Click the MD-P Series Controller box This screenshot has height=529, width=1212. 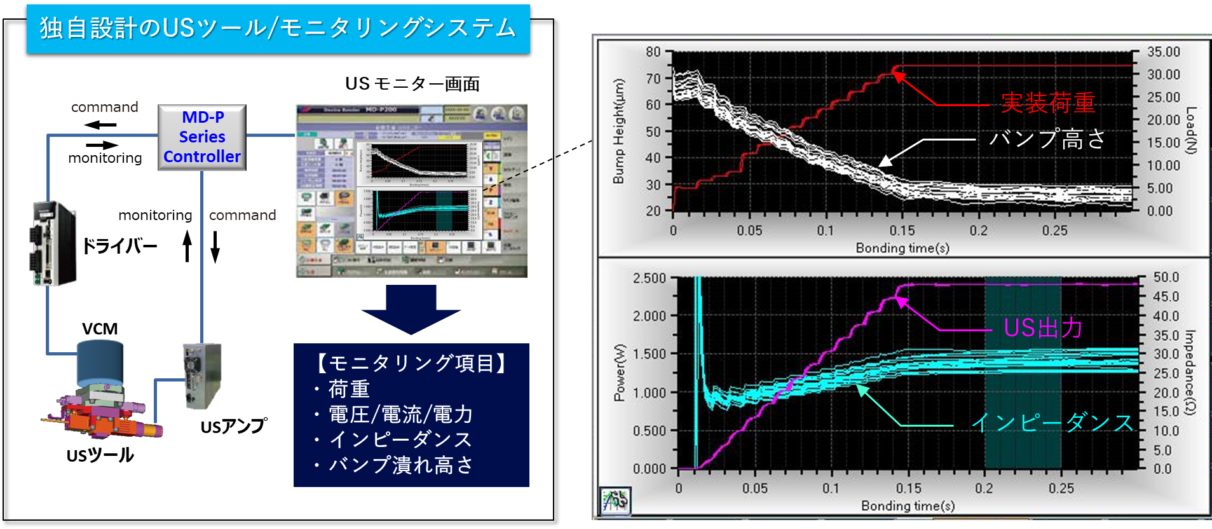[201, 137]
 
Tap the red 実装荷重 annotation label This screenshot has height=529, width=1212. [1048, 103]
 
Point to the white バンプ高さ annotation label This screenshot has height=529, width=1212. [1047, 139]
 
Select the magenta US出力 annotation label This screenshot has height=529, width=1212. [1043, 328]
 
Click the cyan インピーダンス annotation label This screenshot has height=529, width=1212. [1052, 423]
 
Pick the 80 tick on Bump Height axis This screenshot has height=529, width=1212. [653, 52]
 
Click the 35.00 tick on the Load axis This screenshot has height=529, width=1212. [1163, 52]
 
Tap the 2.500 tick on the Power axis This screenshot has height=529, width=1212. [649, 278]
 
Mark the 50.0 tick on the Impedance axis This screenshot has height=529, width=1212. [1166, 277]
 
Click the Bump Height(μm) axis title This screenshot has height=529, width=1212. [618, 131]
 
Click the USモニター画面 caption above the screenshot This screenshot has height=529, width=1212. [411, 84]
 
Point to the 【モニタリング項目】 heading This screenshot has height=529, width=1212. [411, 363]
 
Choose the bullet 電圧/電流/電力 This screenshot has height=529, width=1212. [400, 415]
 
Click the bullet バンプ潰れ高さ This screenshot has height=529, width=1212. [400, 465]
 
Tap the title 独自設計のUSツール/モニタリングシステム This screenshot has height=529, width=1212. [278, 29]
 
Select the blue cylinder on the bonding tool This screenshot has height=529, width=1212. [100, 362]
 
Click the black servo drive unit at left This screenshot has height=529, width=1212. [53, 244]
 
